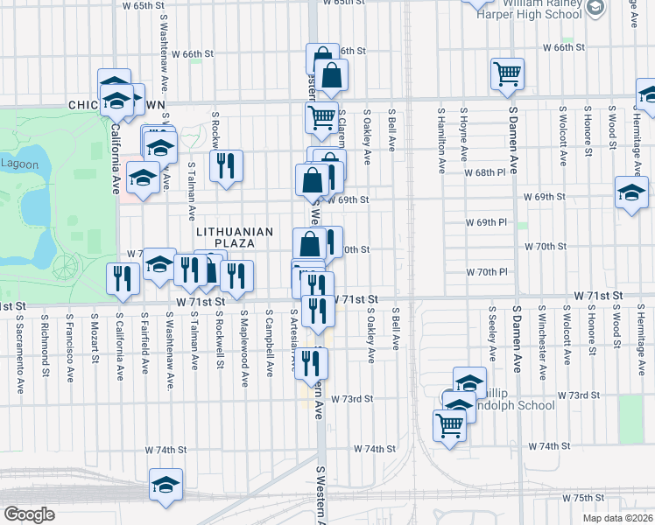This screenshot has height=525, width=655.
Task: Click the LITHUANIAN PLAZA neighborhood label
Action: click(x=229, y=236)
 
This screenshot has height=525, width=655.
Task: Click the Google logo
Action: click(x=29, y=514)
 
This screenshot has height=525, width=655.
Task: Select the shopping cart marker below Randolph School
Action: click(x=449, y=426)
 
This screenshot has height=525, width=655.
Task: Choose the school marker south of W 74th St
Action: click(x=165, y=484)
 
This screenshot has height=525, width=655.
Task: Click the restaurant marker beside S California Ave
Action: click(x=122, y=278)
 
